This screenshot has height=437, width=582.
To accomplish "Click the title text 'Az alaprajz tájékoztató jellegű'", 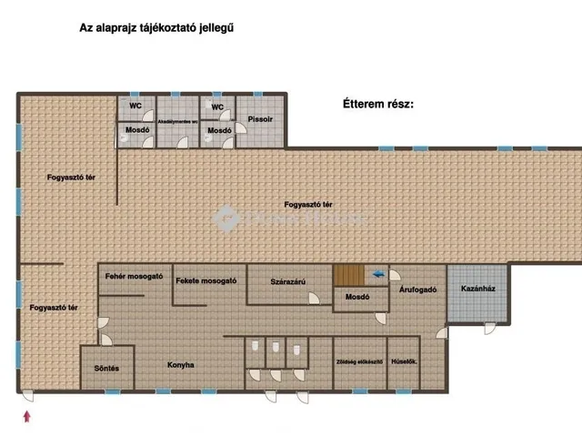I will pos(157,28).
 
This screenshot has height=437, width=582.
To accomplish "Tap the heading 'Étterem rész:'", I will pos(377,105).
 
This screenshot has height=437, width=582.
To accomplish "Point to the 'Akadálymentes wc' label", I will pos(178,119).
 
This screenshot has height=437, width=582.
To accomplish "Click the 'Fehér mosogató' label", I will pos(134,276).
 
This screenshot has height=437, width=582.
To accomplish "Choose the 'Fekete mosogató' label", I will pos(206,280).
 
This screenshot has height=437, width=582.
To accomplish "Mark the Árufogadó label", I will pos(418,290).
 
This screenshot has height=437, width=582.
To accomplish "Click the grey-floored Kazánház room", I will pos(477,291).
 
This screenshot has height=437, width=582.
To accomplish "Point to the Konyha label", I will pos(180,365).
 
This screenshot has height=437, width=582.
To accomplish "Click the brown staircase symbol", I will pos(346,273).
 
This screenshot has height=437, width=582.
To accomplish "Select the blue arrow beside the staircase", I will pos(377,272).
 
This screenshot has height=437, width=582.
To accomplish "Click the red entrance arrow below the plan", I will pos(26,415).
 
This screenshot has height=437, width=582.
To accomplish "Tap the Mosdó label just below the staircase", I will pos(356,297).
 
